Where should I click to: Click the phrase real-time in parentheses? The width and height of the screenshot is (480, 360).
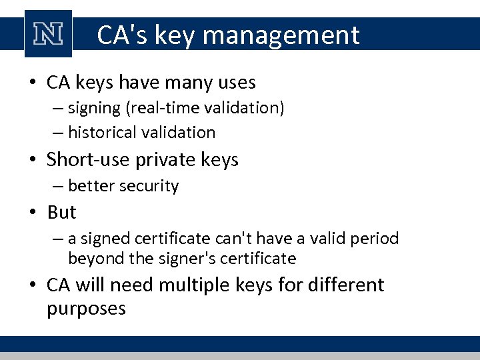[x=175, y=108]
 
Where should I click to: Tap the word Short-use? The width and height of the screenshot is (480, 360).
[x=88, y=160]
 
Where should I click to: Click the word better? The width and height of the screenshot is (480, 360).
[x=91, y=186]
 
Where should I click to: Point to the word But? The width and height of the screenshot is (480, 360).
[x=62, y=213]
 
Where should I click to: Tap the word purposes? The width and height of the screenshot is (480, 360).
[x=87, y=309]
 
